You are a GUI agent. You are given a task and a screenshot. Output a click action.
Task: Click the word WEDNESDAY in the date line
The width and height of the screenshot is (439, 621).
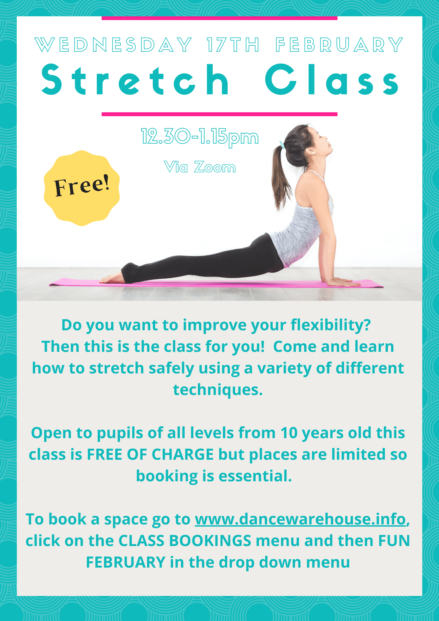(x=113, y=45)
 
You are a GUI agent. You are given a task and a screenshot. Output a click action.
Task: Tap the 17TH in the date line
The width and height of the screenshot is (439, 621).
(x=233, y=45)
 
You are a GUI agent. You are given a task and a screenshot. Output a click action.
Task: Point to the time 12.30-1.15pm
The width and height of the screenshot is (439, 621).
(x=200, y=137)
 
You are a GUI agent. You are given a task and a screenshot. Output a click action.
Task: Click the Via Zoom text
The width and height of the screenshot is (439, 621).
(x=200, y=167)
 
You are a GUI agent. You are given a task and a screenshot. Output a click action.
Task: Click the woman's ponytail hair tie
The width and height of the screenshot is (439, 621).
(x=282, y=144)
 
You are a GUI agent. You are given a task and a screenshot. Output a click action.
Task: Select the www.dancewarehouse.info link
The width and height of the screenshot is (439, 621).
(x=300, y=519)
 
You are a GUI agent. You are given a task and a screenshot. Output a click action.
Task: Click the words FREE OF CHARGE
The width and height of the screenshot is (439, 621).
(x=150, y=454)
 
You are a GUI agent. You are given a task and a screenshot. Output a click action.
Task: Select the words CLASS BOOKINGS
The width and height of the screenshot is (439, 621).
(x=185, y=541)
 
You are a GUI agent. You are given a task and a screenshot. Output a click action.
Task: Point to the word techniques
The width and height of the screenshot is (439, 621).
(x=218, y=390)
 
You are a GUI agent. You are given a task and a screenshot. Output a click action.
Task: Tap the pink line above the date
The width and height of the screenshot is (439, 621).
(x=219, y=18)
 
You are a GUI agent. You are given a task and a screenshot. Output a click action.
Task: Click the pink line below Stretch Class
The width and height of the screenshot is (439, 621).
(x=219, y=114)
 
